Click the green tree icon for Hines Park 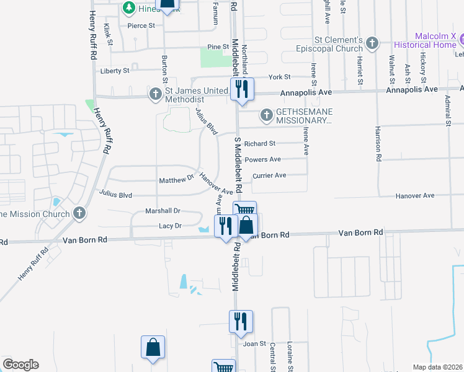[x=129, y=8]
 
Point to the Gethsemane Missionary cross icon [x=266, y=115]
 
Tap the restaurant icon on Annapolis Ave [x=241, y=89]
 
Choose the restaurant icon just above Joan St [x=241, y=321]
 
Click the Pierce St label [x=141, y=25]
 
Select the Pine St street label [x=218, y=47]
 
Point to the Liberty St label [x=115, y=71]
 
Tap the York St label [x=280, y=77]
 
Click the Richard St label [x=259, y=144]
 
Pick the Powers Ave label [x=263, y=160]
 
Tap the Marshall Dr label [x=163, y=211]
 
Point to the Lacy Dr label [x=169, y=226]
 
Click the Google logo [x=20, y=365]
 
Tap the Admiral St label [x=447, y=110]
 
